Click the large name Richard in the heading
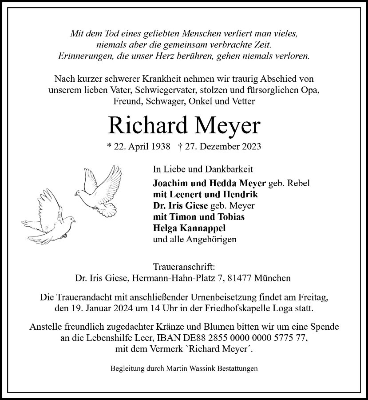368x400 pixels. coord(145,126)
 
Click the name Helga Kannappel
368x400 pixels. coord(189,228)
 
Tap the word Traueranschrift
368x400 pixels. coord(184,268)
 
